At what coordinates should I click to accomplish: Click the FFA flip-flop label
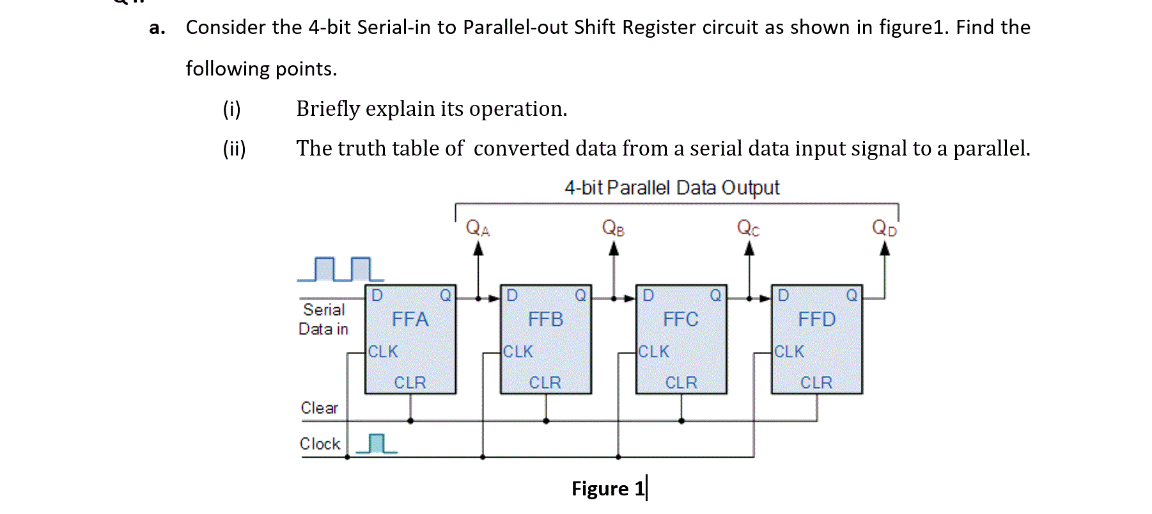coord(410,319)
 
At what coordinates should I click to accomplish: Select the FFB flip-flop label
coord(545,319)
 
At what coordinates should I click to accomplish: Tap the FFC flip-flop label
coord(680,319)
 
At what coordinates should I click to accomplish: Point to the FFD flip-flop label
coord(816,319)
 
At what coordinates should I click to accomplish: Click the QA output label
coord(478,228)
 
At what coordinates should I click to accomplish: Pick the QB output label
coord(613,228)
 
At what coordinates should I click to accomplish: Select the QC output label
coord(748,228)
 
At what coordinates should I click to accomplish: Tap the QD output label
coord(884,228)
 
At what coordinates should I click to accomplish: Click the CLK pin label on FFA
coord(383,351)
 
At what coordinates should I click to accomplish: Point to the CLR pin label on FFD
coord(816,382)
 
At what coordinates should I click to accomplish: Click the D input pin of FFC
coord(648,295)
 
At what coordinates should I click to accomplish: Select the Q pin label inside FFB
coord(580,295)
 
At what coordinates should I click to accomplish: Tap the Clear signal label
coord(319,408)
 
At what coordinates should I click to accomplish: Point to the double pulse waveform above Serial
coord(341,269)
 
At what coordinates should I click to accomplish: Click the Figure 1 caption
coord(608,488)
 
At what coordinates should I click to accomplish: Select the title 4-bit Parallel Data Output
coord(672,188)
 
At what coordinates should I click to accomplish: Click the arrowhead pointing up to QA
coord(478,249)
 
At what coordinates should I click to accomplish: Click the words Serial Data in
coord(323,319)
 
